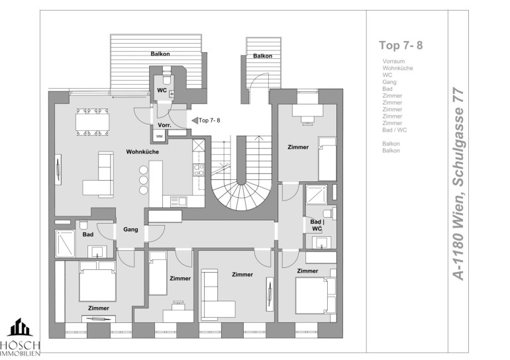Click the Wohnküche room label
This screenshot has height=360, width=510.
tap(142, 152)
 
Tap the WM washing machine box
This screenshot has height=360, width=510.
tap(159, 136)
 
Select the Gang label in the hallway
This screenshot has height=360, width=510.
tap(130, 230)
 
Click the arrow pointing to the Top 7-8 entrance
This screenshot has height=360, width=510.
tap(195, 120)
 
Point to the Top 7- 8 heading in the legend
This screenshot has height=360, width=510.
tap(401, 45)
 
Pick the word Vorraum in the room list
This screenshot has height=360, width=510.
tap(393, 61)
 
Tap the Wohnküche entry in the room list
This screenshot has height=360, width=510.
tap(397, 68)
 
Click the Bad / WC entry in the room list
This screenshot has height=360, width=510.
tap(395, 130)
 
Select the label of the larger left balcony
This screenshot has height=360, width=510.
tap(160, 54)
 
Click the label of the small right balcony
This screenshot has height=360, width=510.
tap(262, 56)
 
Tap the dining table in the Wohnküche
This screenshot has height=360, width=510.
tap(92, 122)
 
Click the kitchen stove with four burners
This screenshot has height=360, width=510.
tap(199, 170)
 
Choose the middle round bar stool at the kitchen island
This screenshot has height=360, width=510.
tap(144, 180)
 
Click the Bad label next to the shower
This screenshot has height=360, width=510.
tap(88, 234)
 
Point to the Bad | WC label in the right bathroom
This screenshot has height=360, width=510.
tap(317, 225)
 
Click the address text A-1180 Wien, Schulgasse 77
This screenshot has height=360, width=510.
tap(458, 184)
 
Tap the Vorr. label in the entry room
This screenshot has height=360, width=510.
tap(164, 125)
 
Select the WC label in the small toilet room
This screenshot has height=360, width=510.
tap(162, 90)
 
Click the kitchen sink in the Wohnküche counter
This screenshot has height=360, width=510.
tap(179, 201)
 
